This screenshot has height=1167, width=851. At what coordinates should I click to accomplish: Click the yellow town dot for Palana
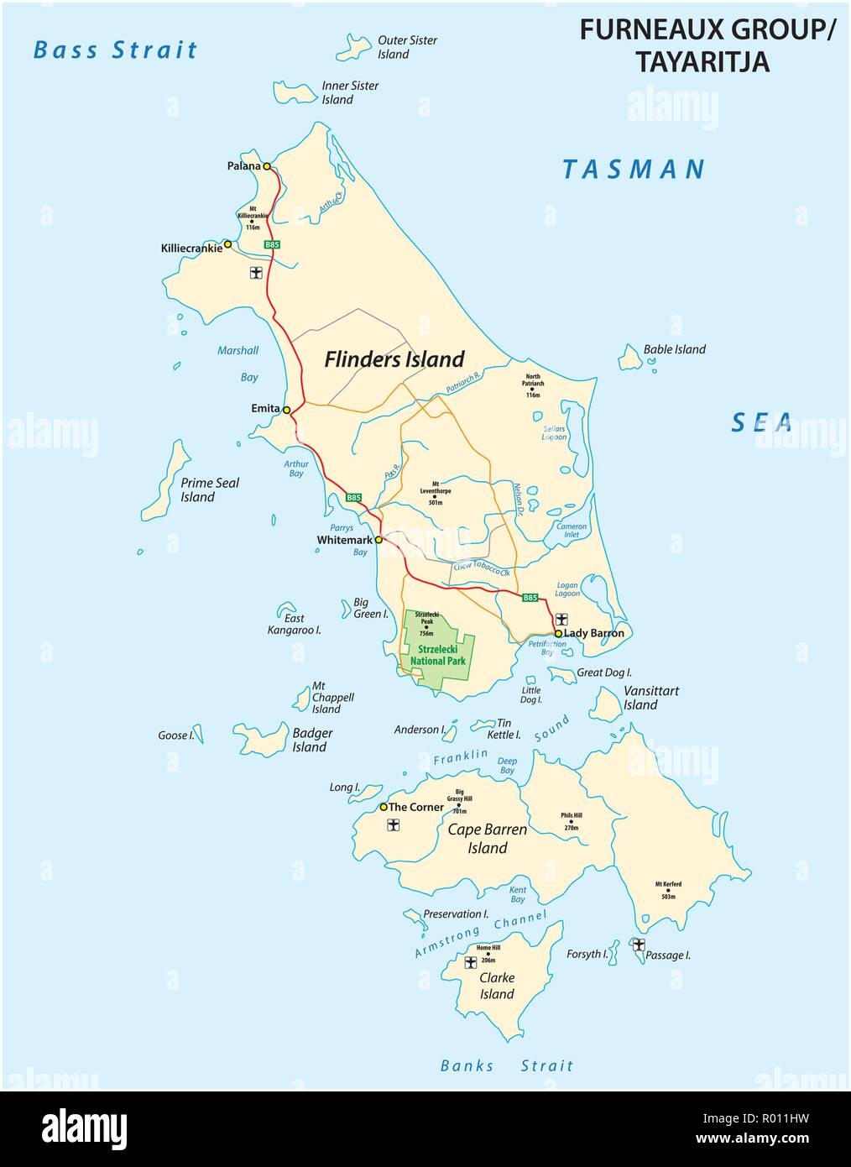tap(267, 166)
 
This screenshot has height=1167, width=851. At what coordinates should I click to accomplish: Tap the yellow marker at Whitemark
tap(379, 540)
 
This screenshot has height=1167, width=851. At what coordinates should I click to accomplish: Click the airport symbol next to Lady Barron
tap(561, 616)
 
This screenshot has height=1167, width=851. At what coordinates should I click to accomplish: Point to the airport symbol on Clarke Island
tap(471, 962)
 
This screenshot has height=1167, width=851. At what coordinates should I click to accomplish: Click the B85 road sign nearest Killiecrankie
tap(272, 244)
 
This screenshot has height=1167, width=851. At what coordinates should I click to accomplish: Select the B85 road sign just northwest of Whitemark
tap(354, 498)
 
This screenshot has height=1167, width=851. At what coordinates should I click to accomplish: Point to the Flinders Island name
tap(394, 359)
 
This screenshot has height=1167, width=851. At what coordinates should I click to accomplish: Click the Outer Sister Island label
tap(407, 47)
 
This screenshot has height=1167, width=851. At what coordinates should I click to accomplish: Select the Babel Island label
tap(674, 349)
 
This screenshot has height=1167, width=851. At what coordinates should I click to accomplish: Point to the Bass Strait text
tap(115, 50)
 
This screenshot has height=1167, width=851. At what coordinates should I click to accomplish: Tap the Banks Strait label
tap(507, 1065)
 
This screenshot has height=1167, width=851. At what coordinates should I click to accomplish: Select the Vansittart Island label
tap(651, 698)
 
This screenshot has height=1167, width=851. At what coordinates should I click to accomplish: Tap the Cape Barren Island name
tap(487, 838)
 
